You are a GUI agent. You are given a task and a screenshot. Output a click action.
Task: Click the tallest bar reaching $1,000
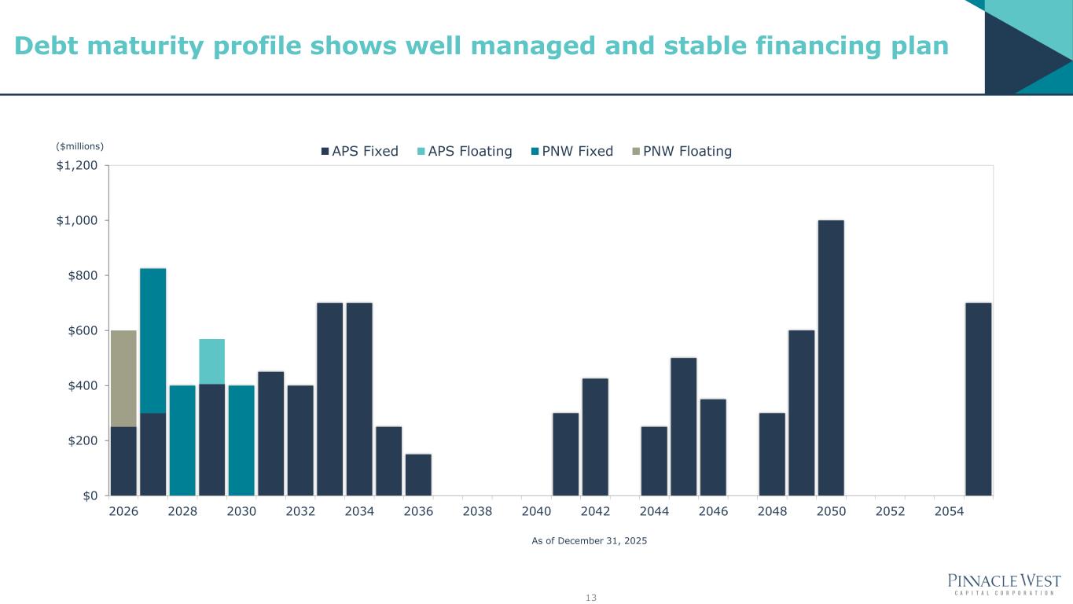(831, 358)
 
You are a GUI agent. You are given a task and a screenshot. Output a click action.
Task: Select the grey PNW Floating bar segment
(123, 378)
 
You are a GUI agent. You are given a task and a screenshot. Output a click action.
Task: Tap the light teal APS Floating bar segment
(211, 361)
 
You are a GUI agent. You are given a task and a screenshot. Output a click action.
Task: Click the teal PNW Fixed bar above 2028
(182, 440)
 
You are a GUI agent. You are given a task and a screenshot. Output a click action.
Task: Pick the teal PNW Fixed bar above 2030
(241, 440)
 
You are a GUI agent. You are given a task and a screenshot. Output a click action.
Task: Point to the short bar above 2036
(418, 474)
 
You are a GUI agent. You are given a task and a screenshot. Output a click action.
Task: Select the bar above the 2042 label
(595, 436)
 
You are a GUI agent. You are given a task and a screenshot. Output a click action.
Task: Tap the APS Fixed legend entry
(359, 151)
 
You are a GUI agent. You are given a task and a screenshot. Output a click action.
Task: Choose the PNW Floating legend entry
(682, 151)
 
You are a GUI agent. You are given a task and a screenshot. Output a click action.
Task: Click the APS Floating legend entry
(465, 151)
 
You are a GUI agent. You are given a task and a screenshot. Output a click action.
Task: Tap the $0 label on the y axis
(90, 495)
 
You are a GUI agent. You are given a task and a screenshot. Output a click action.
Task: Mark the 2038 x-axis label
(477, 511)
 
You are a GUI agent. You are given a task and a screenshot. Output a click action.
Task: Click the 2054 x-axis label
(949, 511)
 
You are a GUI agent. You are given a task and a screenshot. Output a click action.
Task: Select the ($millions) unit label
(80, 145)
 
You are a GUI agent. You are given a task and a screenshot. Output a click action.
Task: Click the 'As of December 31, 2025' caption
(590, 541)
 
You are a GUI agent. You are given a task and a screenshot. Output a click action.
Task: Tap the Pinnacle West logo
(1005, 584)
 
